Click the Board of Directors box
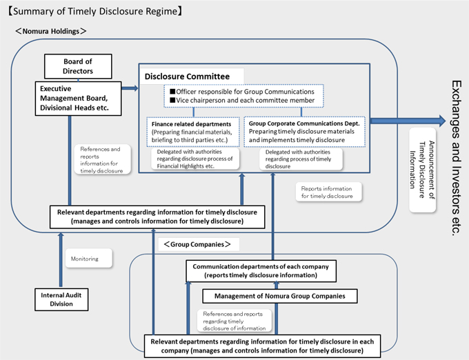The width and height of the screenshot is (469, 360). click(x=78, y=66)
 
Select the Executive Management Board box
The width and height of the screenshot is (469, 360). click(x=79, y=99)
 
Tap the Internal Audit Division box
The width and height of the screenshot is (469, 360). click(x=61, y=299)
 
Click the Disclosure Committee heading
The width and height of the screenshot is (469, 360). click(x=187, y=77)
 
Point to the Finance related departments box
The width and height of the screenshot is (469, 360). click(x=193, y=132)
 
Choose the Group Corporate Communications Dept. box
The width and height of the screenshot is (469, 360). click(x=304, y=132)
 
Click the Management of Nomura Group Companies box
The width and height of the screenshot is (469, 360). click(x=279, y=296)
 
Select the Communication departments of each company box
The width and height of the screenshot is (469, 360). click(x=261, y=271)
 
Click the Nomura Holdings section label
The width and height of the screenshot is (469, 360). click(x=51, y=31)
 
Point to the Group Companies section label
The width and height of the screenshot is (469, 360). click(x=197, y=244)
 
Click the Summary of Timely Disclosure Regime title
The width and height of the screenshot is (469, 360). click(x=94, y=11)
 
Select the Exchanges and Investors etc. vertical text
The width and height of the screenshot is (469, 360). click(x=457, y=158)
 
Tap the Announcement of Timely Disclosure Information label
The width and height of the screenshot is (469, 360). click(x=422, y=170)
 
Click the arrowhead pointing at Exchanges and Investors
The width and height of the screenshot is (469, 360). click(x=442, y=121)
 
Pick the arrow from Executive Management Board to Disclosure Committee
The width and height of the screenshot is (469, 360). click(x=130, y=88)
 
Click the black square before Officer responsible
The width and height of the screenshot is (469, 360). click(x=172, y=91)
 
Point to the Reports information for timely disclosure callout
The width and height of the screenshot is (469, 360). click(x=328, y=192)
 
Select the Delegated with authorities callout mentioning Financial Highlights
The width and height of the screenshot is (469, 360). click(x=195, y=159)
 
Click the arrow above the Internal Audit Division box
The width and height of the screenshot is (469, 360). click(x=61, y=260)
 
